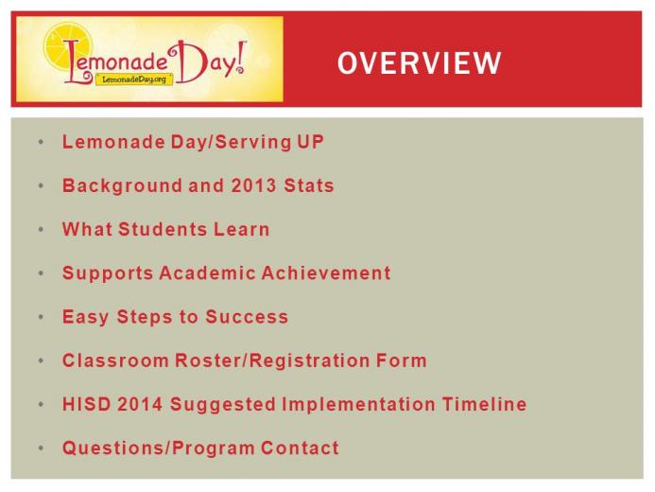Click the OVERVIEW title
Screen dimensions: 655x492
[419, 63]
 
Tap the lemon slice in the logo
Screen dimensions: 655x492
[67, 45]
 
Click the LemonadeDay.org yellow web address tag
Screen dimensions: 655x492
[134, 79]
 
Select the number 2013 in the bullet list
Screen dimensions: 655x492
[253, 185]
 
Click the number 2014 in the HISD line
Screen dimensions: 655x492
[140, 404]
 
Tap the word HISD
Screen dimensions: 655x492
[86, 404]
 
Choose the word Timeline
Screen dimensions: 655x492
[485, 404]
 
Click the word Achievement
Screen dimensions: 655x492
[326, 272]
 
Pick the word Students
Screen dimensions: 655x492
[163, 230]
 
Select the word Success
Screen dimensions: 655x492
[247, 317]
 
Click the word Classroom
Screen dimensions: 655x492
[115, 360]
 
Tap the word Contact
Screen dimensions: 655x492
[300, 448]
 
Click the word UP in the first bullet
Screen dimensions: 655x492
[310, 142]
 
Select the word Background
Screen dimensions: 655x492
[122, 186]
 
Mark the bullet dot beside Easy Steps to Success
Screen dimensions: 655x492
[41, 317]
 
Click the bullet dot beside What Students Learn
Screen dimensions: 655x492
[41, 230]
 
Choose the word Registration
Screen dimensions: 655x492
[309, 360]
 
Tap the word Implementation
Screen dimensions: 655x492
[358, 404]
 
